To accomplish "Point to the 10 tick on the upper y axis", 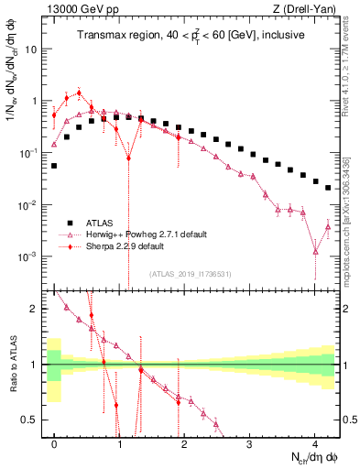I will click(x=34, y=49).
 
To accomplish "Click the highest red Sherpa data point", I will click(x=80, y=93).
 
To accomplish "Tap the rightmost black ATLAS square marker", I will click(x=328, y=187).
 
